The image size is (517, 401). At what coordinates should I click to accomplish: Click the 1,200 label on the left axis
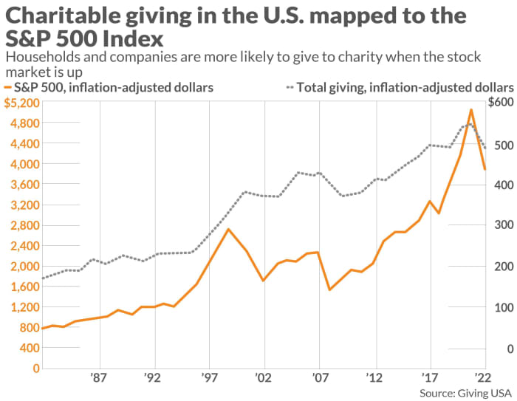[21, 306]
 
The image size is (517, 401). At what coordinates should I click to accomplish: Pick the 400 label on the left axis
[25, 347]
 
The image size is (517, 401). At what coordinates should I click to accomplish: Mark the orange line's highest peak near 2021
[471, 110]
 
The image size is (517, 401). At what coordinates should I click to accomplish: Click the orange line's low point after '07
[329, 289]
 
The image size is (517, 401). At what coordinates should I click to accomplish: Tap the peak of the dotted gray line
[468, 124]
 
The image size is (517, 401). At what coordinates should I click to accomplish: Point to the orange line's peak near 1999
[229, 229]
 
